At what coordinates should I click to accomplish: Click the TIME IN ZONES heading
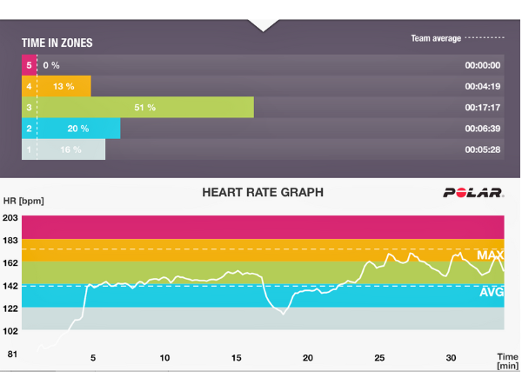(x=57, y=43)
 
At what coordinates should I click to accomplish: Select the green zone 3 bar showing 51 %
(x=137, y=108)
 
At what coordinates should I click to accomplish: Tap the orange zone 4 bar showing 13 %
(x=57, y=86)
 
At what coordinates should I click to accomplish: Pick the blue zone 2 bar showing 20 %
(x=71, y=129)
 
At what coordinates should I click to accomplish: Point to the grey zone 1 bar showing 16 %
(x=64, y=150)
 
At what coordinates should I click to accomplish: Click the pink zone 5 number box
(x=30, y=65)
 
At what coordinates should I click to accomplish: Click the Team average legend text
(x=436, y=39)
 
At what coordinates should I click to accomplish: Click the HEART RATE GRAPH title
(x=263, y=193)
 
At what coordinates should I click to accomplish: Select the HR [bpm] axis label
(x=23, y=201)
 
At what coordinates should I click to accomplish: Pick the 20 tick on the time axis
(x=308, y=358)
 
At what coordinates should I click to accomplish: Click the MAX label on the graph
(x=491, y=255)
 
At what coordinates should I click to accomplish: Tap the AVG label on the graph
(x=491, y=293)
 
